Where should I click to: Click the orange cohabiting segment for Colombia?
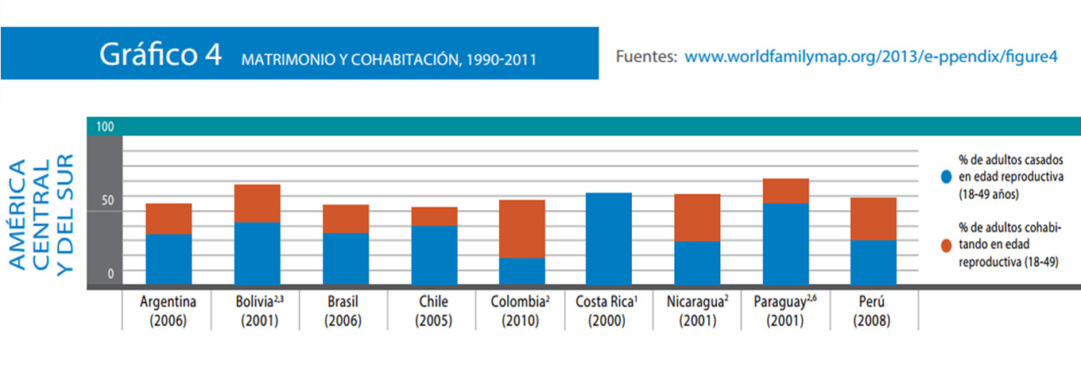tap(521, 228)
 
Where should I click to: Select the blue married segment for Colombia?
tap(521, 270)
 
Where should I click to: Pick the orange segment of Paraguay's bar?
tap(785, 191)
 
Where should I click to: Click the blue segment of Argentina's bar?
tap(169, 259)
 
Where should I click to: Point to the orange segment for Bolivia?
tap(257, 203)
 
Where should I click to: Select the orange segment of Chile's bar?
tap(434, 216)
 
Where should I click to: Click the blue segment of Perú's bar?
tap(874, 262)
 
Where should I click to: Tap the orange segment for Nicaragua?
tap(697, 217)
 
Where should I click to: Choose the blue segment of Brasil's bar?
tap(346, 258)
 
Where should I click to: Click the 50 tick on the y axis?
tap(107, 200)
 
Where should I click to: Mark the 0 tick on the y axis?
tap(110, 274)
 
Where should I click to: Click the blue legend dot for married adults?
tap(945, 174)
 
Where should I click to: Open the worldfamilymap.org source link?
tap(871, 56)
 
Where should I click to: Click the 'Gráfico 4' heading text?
tap(160, 55)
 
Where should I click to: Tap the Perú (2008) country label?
tap(874, 312)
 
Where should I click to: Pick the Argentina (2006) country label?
tap(169, 312)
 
